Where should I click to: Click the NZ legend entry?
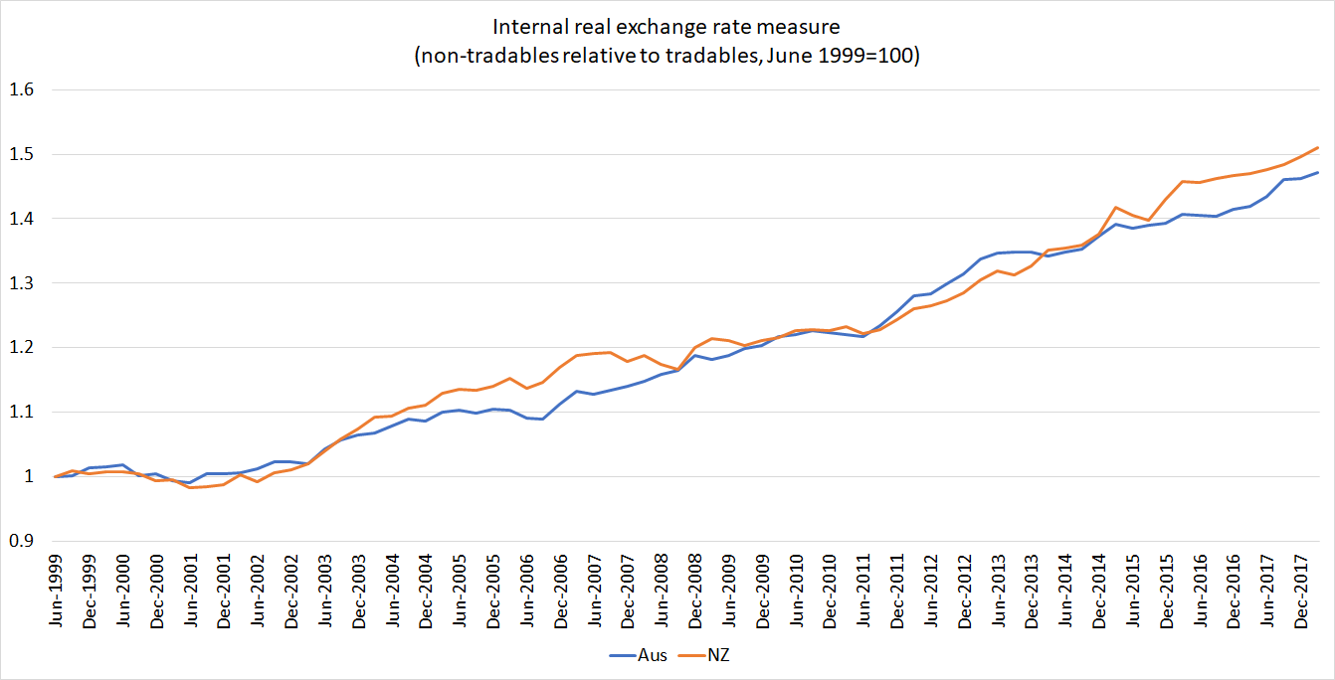pos(708,655)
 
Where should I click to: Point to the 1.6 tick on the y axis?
pos(21,89)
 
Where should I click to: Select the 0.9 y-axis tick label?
pos(21,541)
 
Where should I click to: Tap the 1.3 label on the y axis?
pos(21,283)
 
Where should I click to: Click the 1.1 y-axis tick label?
pos(21,412)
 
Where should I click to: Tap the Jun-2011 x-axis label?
pos(863,594)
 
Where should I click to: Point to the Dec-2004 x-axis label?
pos(426,594)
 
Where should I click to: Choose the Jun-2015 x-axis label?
pos(1133,594)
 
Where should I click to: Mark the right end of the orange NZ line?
pos(1318,147)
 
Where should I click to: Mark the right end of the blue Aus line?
pos(1318,172)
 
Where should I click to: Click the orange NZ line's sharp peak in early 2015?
pos(1116,207)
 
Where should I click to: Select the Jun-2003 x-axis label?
pos(324,594)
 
